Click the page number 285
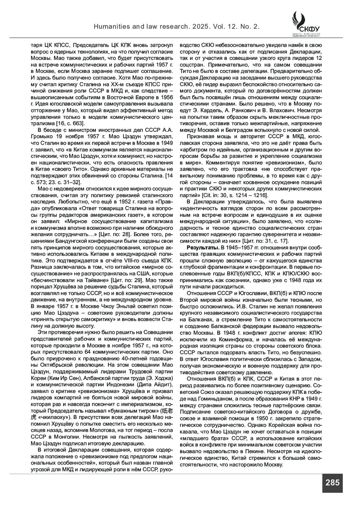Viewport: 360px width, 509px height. point(332,483)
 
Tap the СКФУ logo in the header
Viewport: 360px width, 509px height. point(305,24)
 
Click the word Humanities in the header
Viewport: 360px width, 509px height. point(109,27)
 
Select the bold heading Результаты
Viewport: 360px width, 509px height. point(199,247)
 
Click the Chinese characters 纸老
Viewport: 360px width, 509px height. point(166,411)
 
